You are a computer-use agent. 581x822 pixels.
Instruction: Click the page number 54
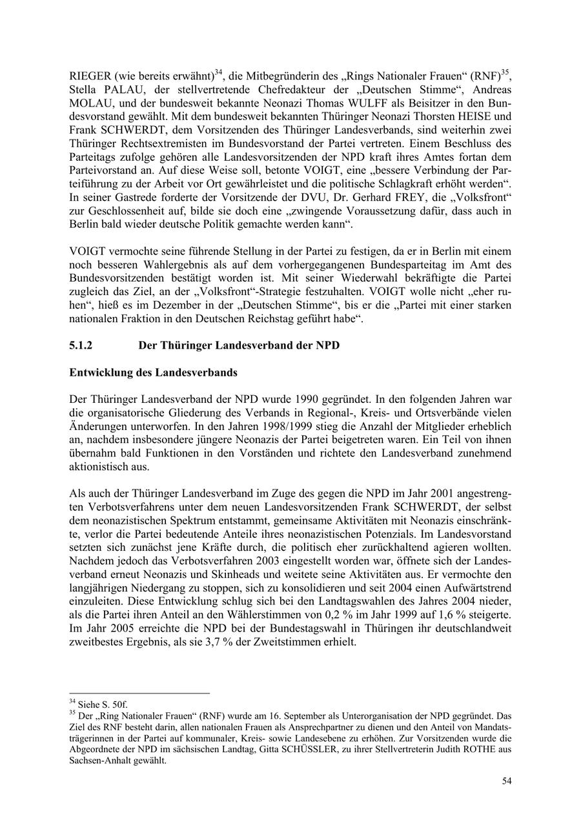coord(507,781)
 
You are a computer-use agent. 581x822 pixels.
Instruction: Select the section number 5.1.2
coord(81,345)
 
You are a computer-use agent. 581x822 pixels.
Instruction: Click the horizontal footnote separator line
coord(139,694)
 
